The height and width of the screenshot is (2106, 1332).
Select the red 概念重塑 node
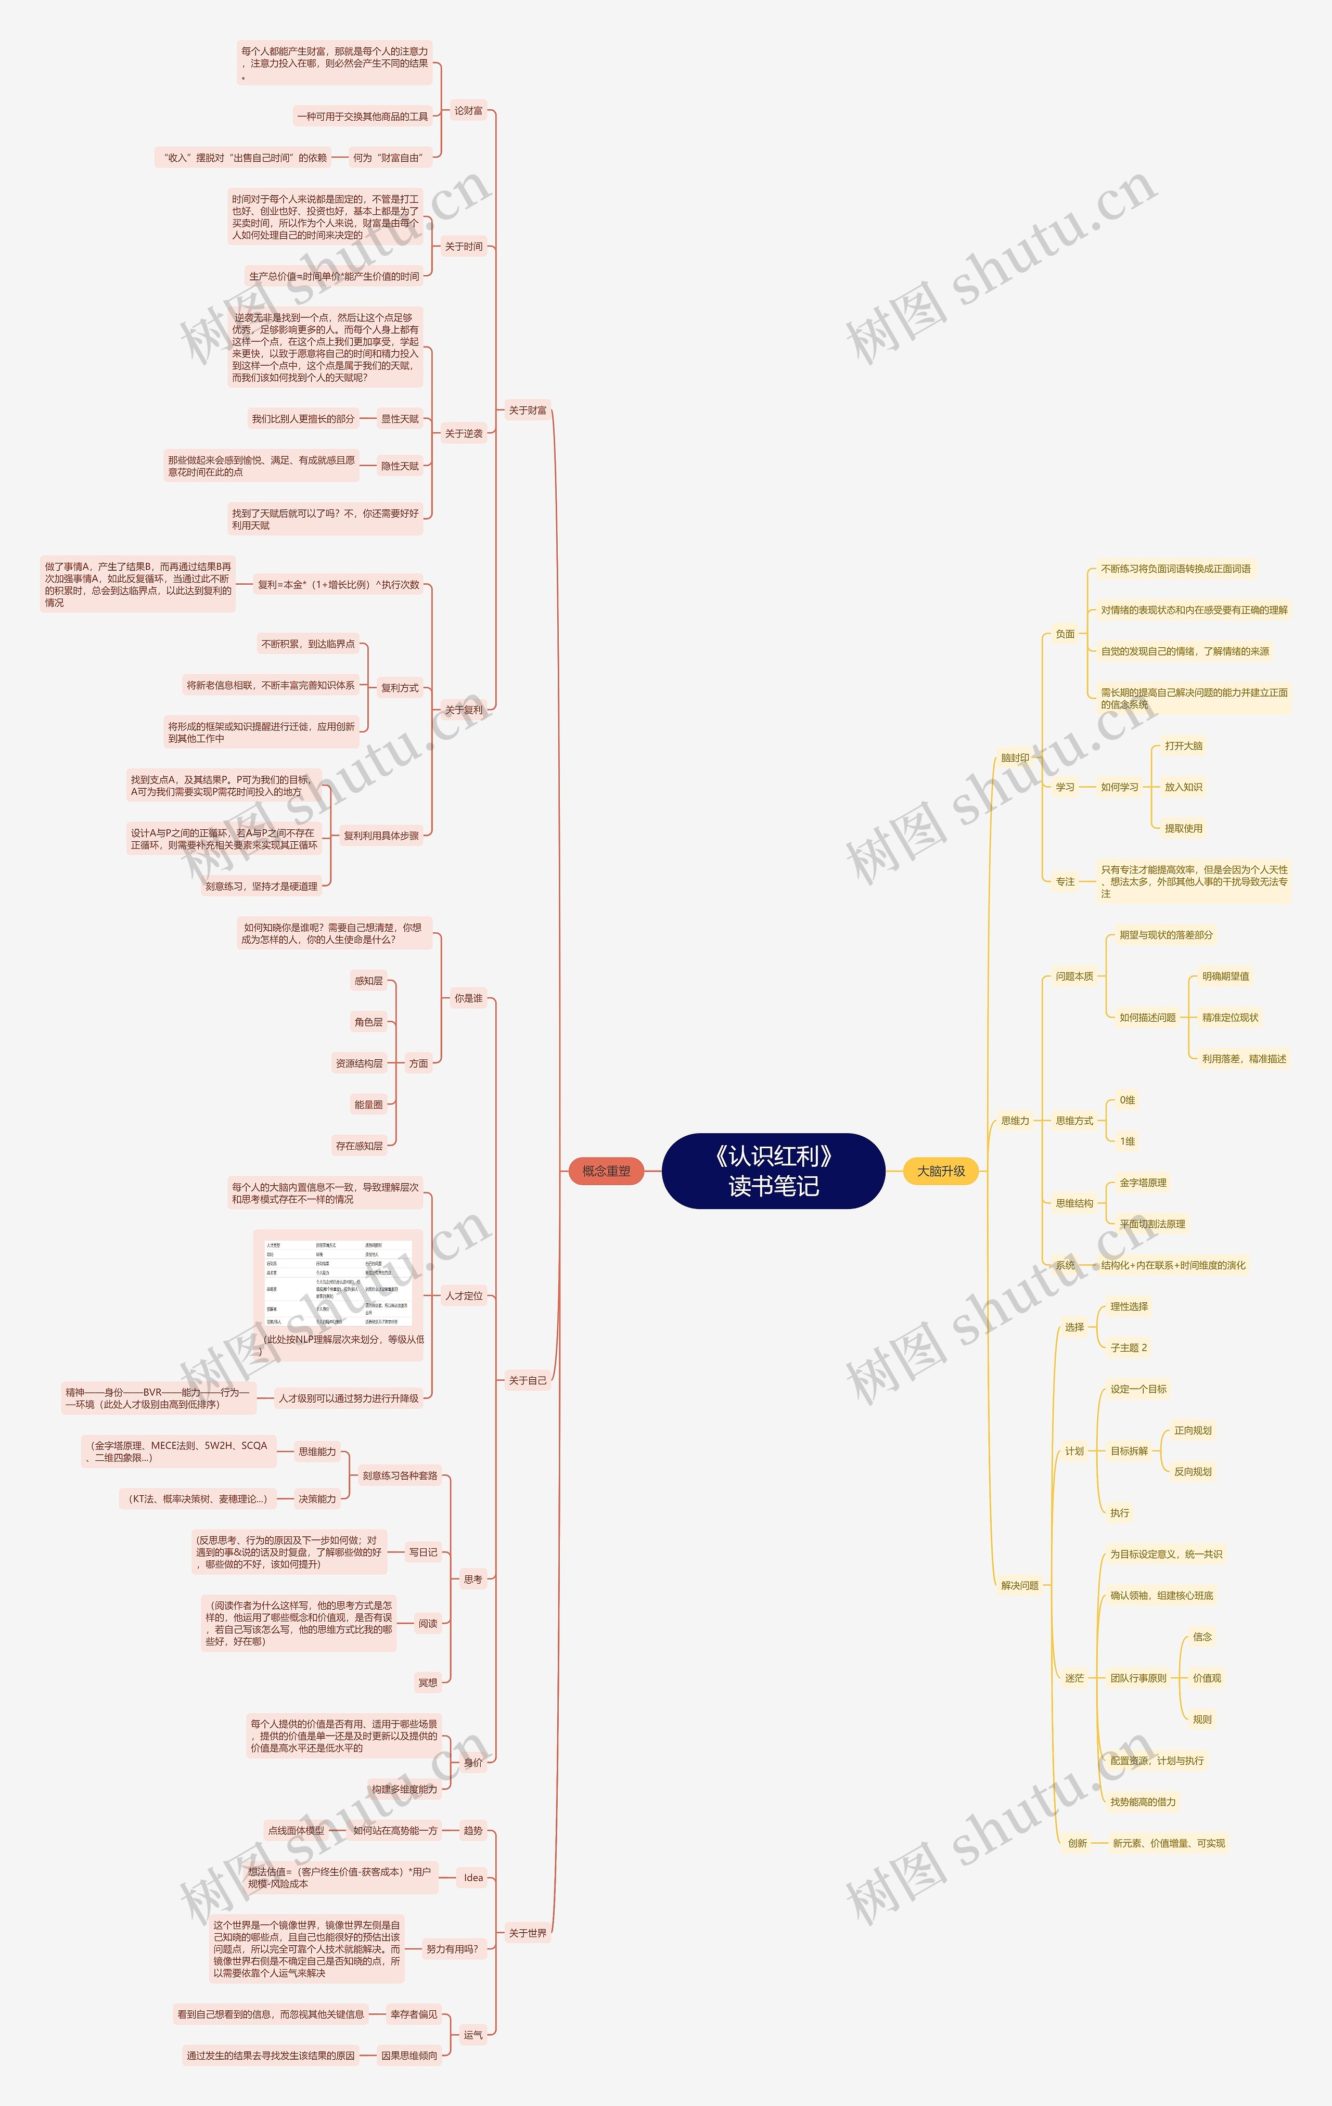point(606,1171)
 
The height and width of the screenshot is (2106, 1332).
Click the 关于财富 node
point(528,410)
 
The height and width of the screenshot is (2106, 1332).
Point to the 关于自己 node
point(528,1380)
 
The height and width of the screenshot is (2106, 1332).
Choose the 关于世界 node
point(528,1933)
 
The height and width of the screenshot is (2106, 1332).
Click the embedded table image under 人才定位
point(338,1283)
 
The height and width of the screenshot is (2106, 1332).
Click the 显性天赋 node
point(400,419)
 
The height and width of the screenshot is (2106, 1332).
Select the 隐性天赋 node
point(400,466)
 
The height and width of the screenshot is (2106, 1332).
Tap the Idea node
point(473,1878)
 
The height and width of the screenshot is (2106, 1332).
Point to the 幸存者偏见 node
point(413,2014)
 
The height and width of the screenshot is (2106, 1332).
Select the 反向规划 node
point(1192,1471)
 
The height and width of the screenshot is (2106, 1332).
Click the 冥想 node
point(428,1682)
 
